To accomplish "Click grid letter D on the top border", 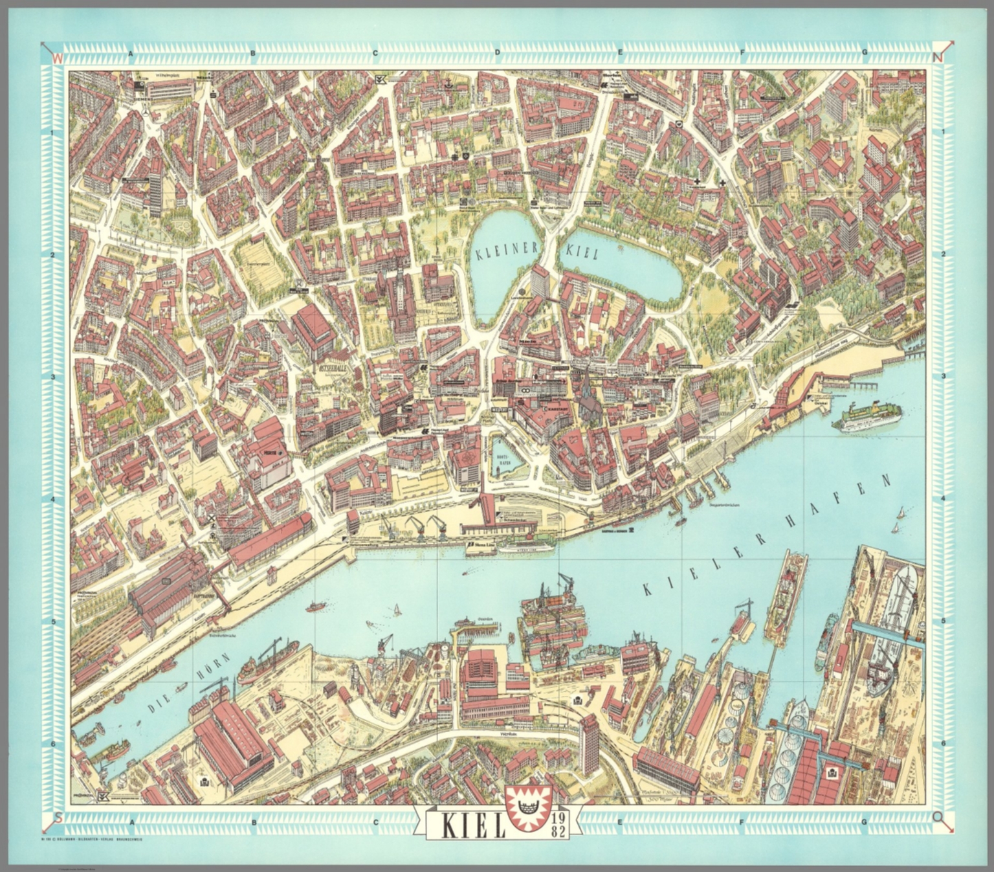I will click(497, 53).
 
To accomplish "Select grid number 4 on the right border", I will click(944, 498).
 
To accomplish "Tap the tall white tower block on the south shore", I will click(590, 744).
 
